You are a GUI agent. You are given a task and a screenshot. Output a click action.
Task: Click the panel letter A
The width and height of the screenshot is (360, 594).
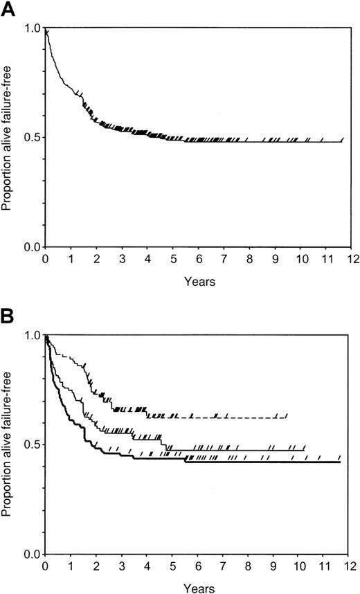pyautogui.click(x=9, y=9)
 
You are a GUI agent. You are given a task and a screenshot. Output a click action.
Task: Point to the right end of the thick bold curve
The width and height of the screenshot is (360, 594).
pyautogui.click(x=340, y=462)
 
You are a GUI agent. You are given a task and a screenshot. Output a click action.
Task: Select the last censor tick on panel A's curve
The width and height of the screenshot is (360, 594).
pyautogui.click(x=342, y=140)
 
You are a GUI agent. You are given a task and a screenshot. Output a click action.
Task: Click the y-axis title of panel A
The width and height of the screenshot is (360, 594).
pyautogui.click(x=10, y=137)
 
